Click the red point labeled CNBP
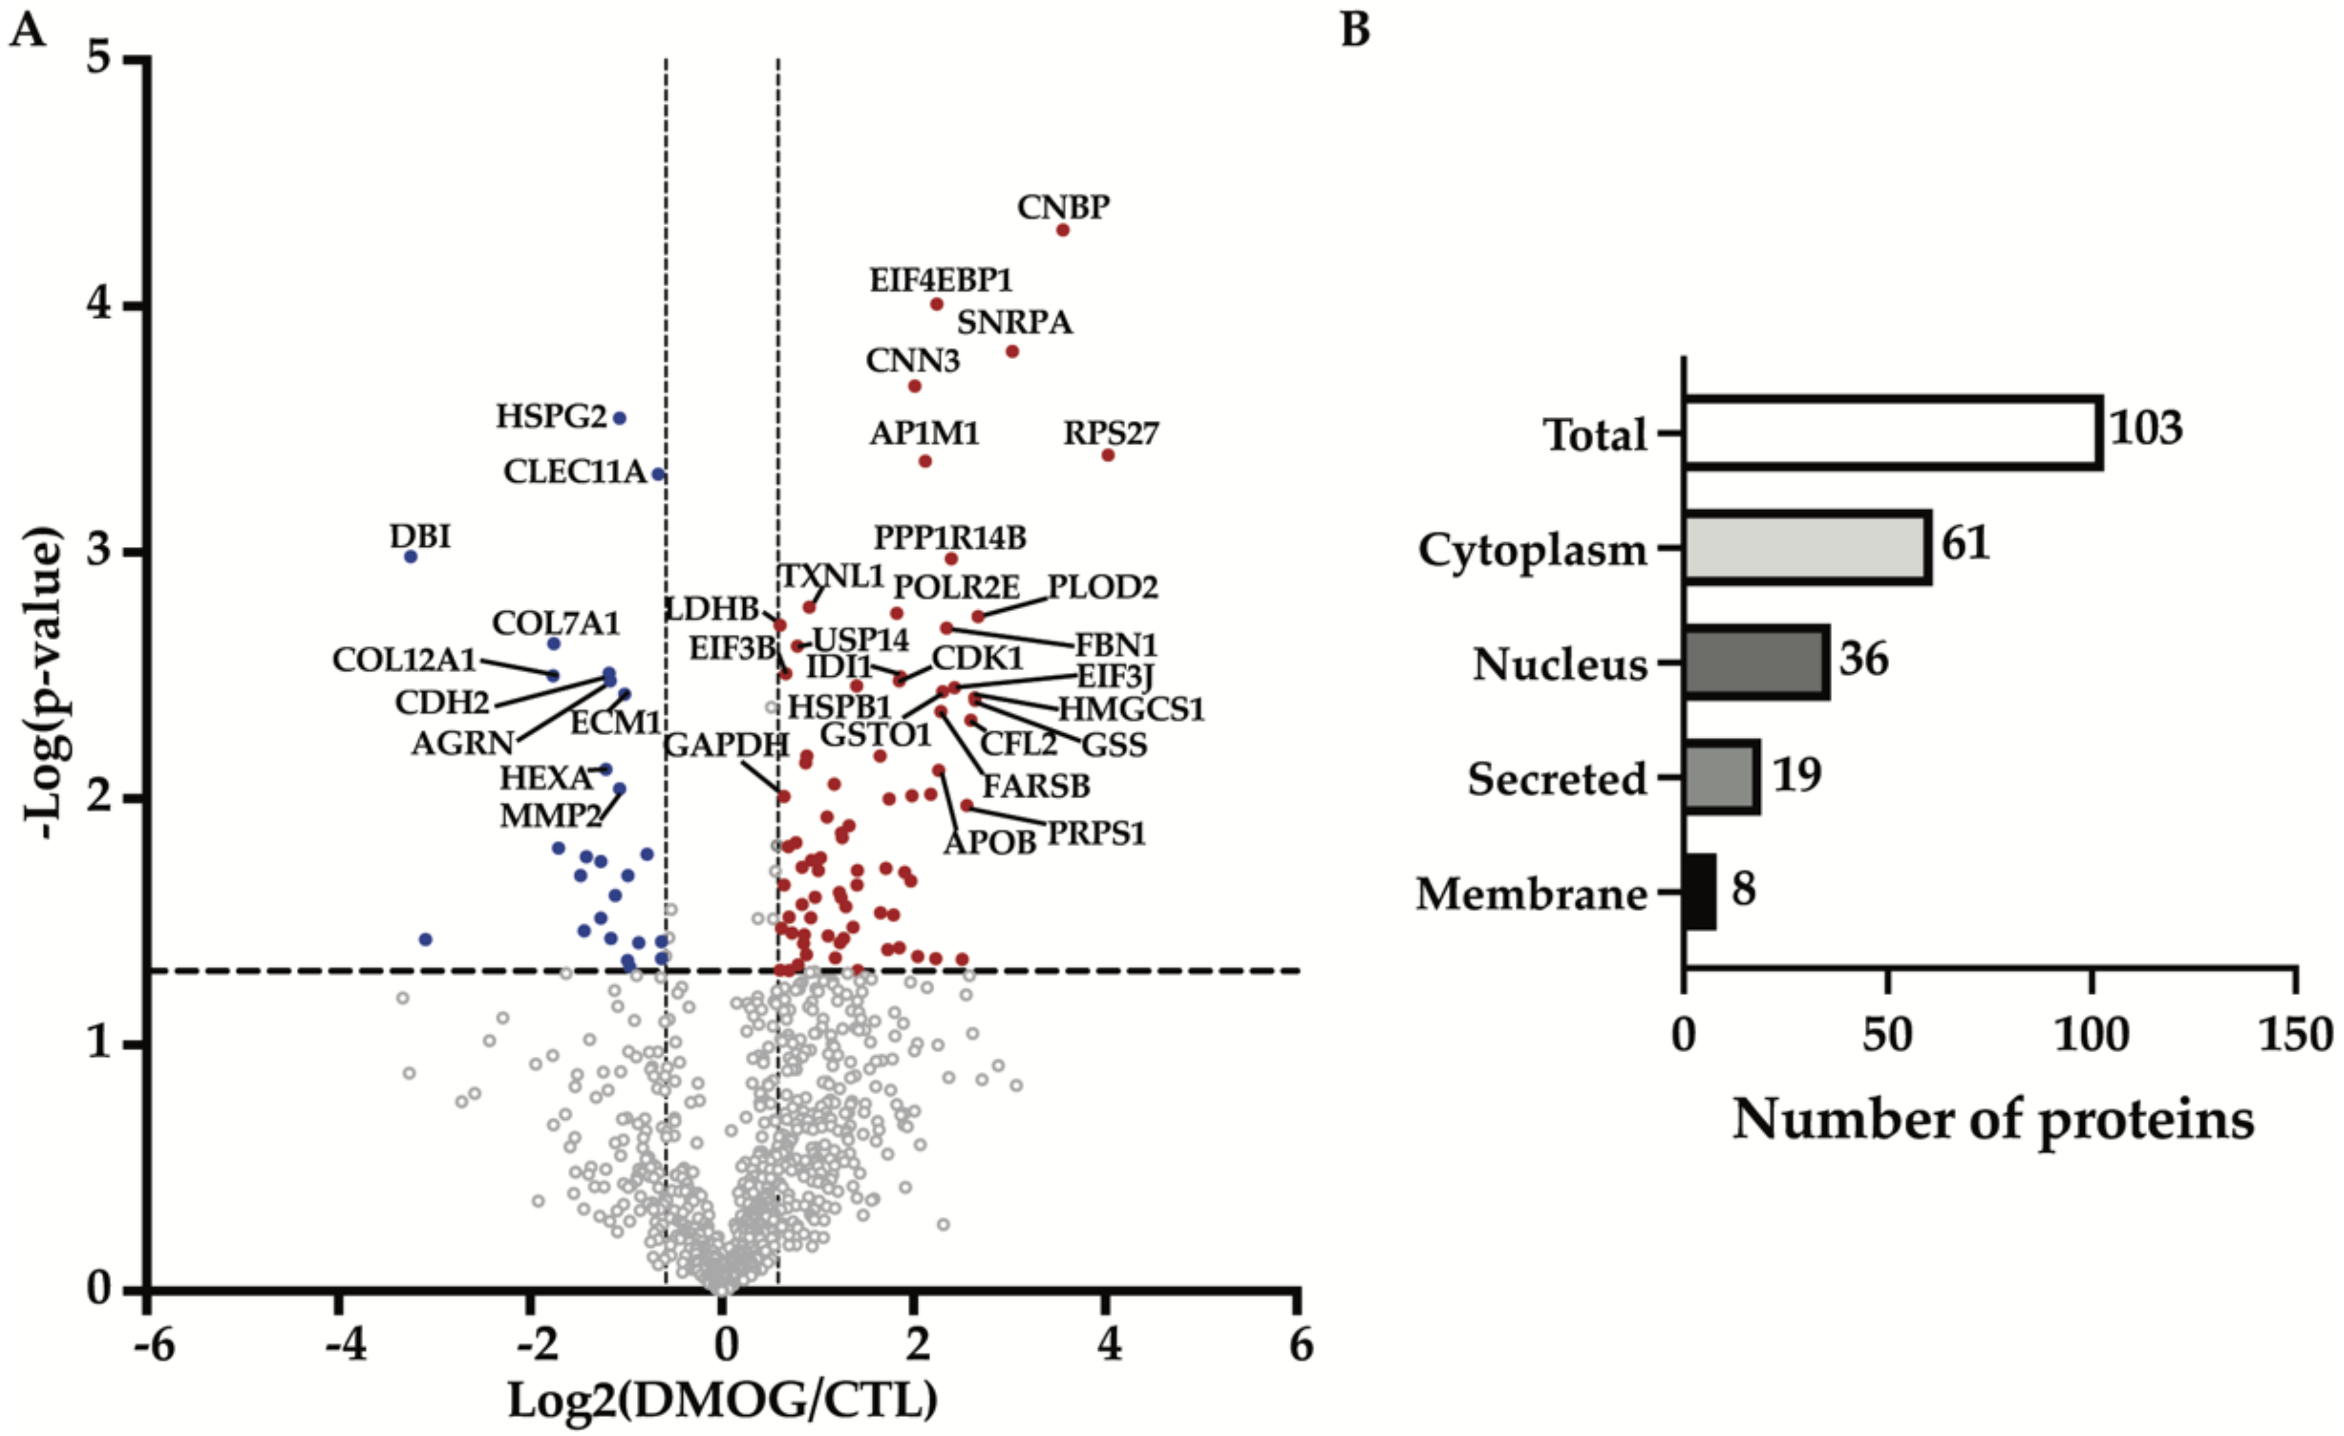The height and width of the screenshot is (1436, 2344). click(x=1063, y=230)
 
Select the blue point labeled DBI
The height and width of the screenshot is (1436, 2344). click(x=411, y=557)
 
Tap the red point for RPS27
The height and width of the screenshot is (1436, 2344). click(x=1107, y=455)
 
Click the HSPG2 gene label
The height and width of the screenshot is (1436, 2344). click(x=551, y=416)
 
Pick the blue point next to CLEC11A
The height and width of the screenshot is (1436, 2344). click(x=657, y=473)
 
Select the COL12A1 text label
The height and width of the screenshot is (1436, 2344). click(x=404, y=659)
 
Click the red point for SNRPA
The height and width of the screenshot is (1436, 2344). click(x=1012, y=352)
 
